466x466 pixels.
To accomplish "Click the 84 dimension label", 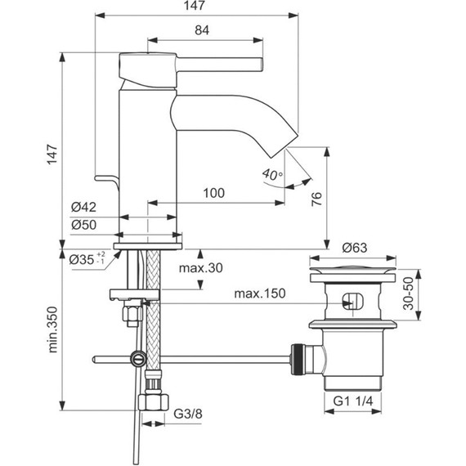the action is click(x=202, y=30).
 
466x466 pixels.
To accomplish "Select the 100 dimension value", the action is click(x=213, y=193).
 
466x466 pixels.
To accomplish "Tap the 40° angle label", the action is click(x=272, y=174).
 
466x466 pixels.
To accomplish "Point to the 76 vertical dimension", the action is click(x=317, y=199).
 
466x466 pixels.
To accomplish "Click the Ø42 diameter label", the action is click(x=84, y=207).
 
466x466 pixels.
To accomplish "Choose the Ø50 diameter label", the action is click(x=84, y=225).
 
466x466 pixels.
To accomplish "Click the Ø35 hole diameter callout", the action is click(x=87, y=259).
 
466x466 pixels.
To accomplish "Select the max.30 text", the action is click(x=200, y=268).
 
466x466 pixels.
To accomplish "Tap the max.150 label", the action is click(x=260, y=293).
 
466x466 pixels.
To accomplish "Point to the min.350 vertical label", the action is click(x=52, y=329).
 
